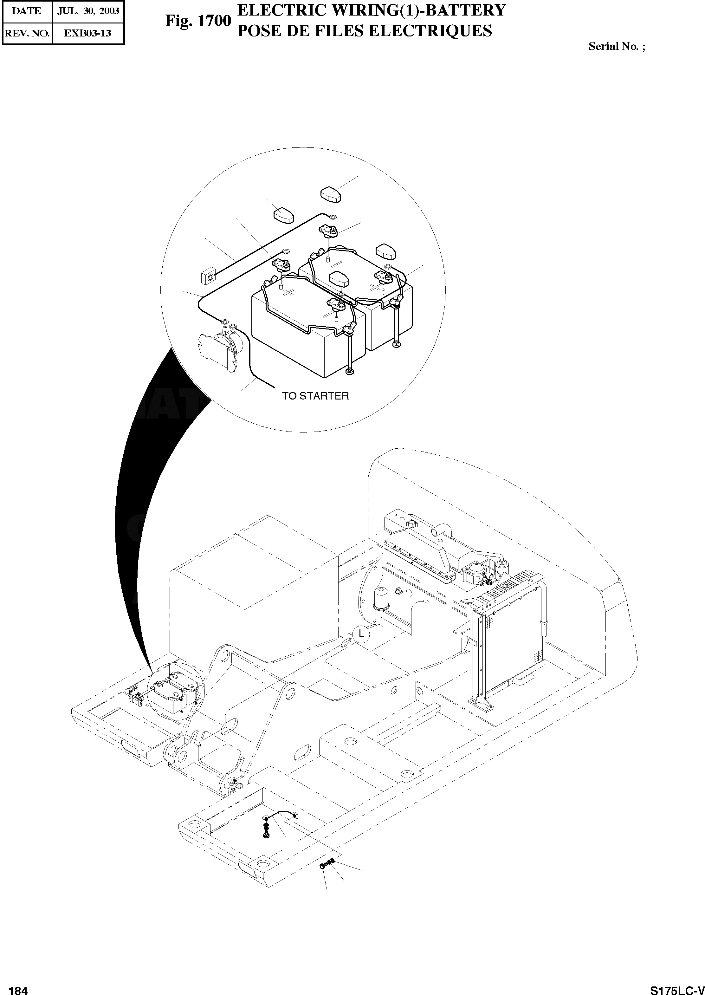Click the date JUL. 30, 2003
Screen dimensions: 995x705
[88, 11]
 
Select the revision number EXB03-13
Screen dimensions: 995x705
[88, 33]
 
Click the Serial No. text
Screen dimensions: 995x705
[617, 46]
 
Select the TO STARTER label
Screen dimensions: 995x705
[315, 396]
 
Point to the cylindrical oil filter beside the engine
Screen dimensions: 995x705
[382, 597]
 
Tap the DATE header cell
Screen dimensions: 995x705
[27, 11]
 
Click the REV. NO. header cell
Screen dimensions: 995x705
[27, 33]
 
